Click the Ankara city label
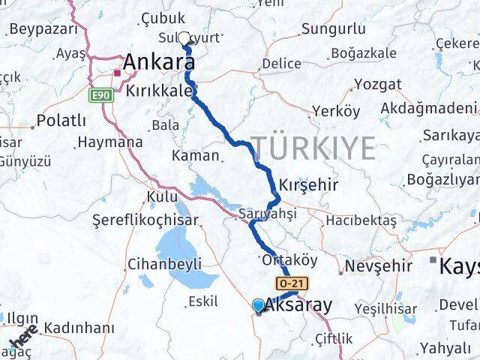pos(155,62)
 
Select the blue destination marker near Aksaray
pos(259,305)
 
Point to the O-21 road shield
pos(291,283)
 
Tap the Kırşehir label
pos(308,184)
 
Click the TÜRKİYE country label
pos(313,148)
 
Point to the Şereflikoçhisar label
pos(145,220)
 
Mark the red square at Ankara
pos(117,73)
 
